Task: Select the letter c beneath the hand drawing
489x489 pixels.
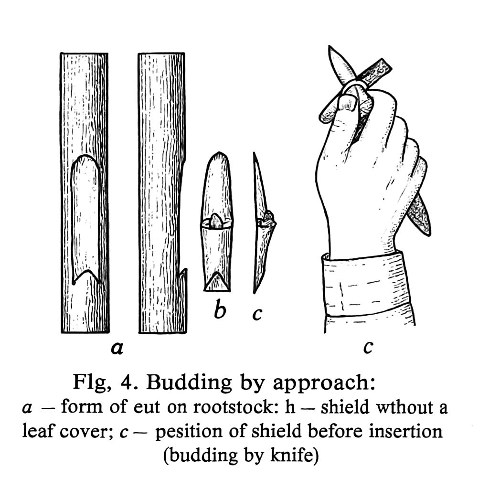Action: pos(367,347)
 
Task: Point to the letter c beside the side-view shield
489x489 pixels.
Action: pos(257,314)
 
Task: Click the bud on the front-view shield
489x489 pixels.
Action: pos(216,221)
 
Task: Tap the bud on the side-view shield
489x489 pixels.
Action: pos(269,218)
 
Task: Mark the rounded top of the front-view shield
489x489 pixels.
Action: pos(218,156)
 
